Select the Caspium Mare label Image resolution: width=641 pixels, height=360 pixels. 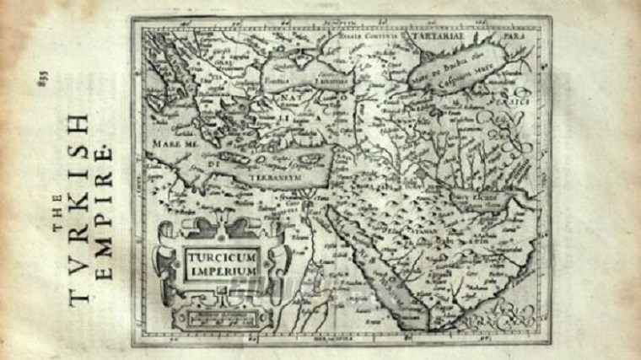(x=469, y=67)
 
